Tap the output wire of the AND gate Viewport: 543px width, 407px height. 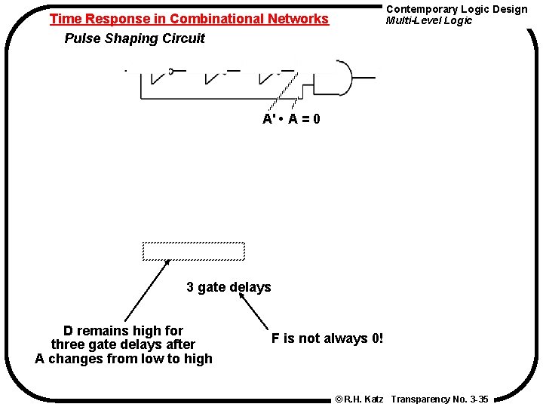click(364, 77)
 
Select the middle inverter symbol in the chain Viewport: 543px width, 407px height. click(216, 75)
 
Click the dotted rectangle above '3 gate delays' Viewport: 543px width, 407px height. click(194, 251)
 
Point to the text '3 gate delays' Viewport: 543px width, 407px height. click(229, 287)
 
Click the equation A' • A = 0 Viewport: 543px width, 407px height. click(290, 119)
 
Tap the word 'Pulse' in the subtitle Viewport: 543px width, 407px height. click(82, 38)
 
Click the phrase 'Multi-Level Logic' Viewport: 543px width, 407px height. click(428, 20)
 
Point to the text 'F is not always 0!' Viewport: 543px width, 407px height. click(327, 338)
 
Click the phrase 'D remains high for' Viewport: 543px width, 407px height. click(123, 331)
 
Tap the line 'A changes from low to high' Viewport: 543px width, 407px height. click(124, 359)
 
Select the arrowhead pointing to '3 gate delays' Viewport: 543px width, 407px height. click(242, 297)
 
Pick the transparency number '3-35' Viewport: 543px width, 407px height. click(478, 399)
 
